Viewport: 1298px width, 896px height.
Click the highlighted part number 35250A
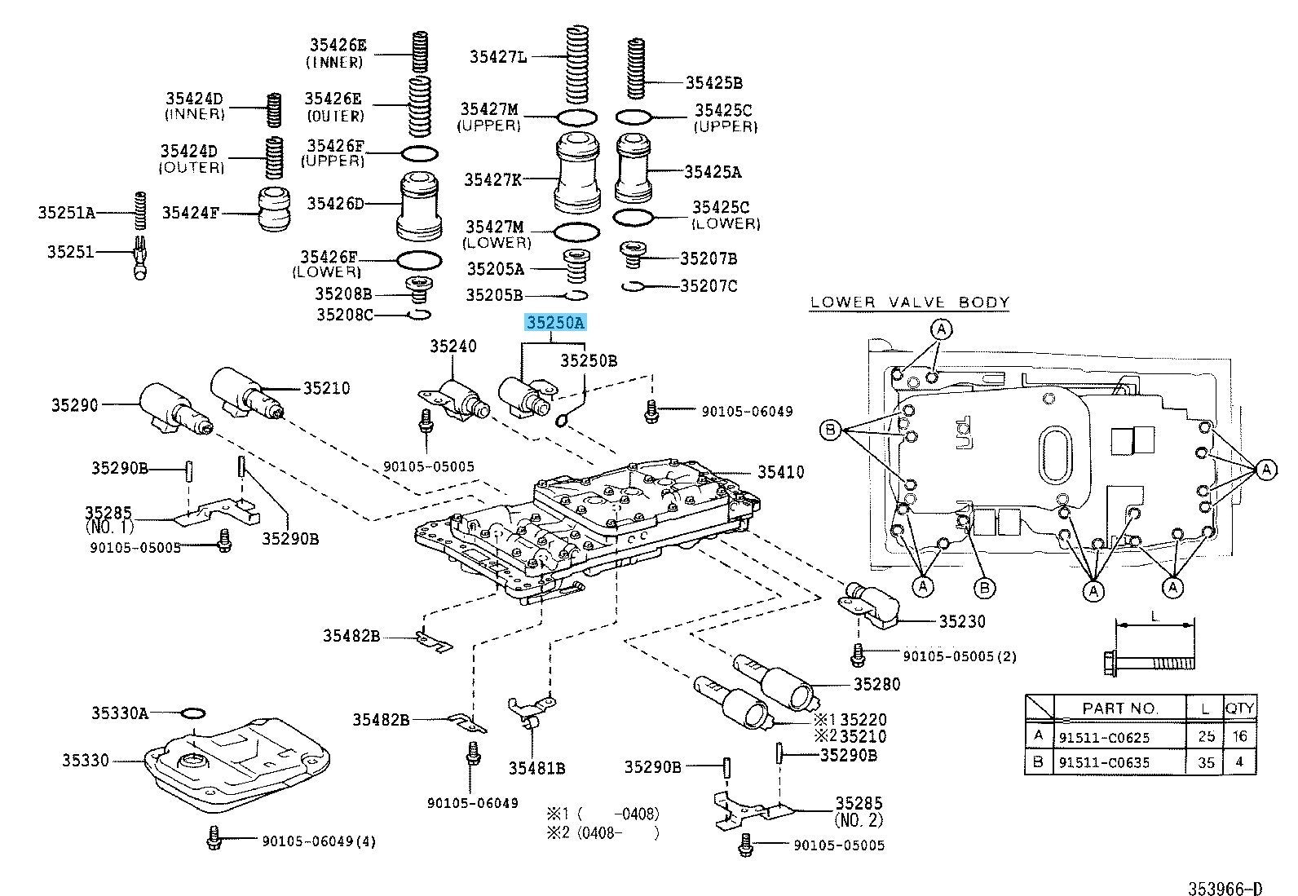pos(554,323)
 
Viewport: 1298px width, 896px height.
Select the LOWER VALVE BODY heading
pos(910,302)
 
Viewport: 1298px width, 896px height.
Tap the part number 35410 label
pos(780,472)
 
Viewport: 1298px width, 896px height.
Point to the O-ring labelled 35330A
pos(193,713)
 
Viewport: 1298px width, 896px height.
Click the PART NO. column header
pos(1120,708)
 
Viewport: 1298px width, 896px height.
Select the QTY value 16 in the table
pos(1240,737)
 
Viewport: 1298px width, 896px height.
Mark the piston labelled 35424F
pos(269,212)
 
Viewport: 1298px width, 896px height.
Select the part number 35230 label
pos(961,621)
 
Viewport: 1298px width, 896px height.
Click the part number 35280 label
pos(876,684)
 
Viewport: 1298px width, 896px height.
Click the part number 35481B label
pos(536,767)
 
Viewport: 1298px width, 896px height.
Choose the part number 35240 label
pos(453,346)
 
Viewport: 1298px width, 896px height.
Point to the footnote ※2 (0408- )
pos(603,832)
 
